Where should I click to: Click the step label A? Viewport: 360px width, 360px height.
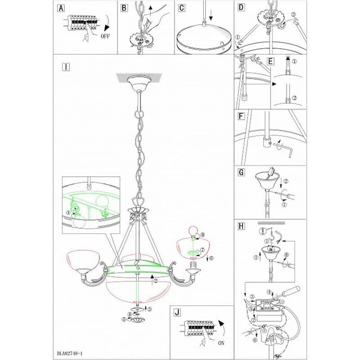click(61, 8)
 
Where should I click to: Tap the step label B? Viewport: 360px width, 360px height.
click(125, 8)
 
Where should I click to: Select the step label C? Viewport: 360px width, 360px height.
click(181, 8)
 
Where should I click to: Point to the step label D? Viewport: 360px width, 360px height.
click(241, 8)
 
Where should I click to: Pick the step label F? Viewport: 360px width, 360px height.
click(241, 116)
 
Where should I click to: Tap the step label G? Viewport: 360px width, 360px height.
click(241, 172)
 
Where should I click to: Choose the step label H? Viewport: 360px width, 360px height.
click(241, 226)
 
